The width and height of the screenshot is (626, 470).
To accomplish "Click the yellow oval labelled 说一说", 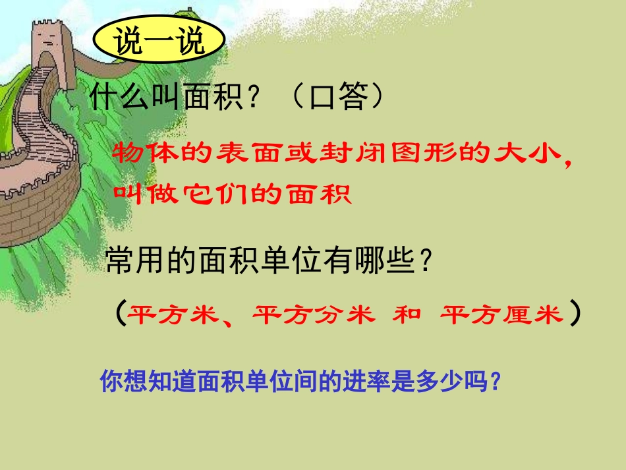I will pyautogui.click(x=159, y=42).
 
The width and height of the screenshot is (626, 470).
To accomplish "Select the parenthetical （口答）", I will pyautogui.click(x=337, y=99).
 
